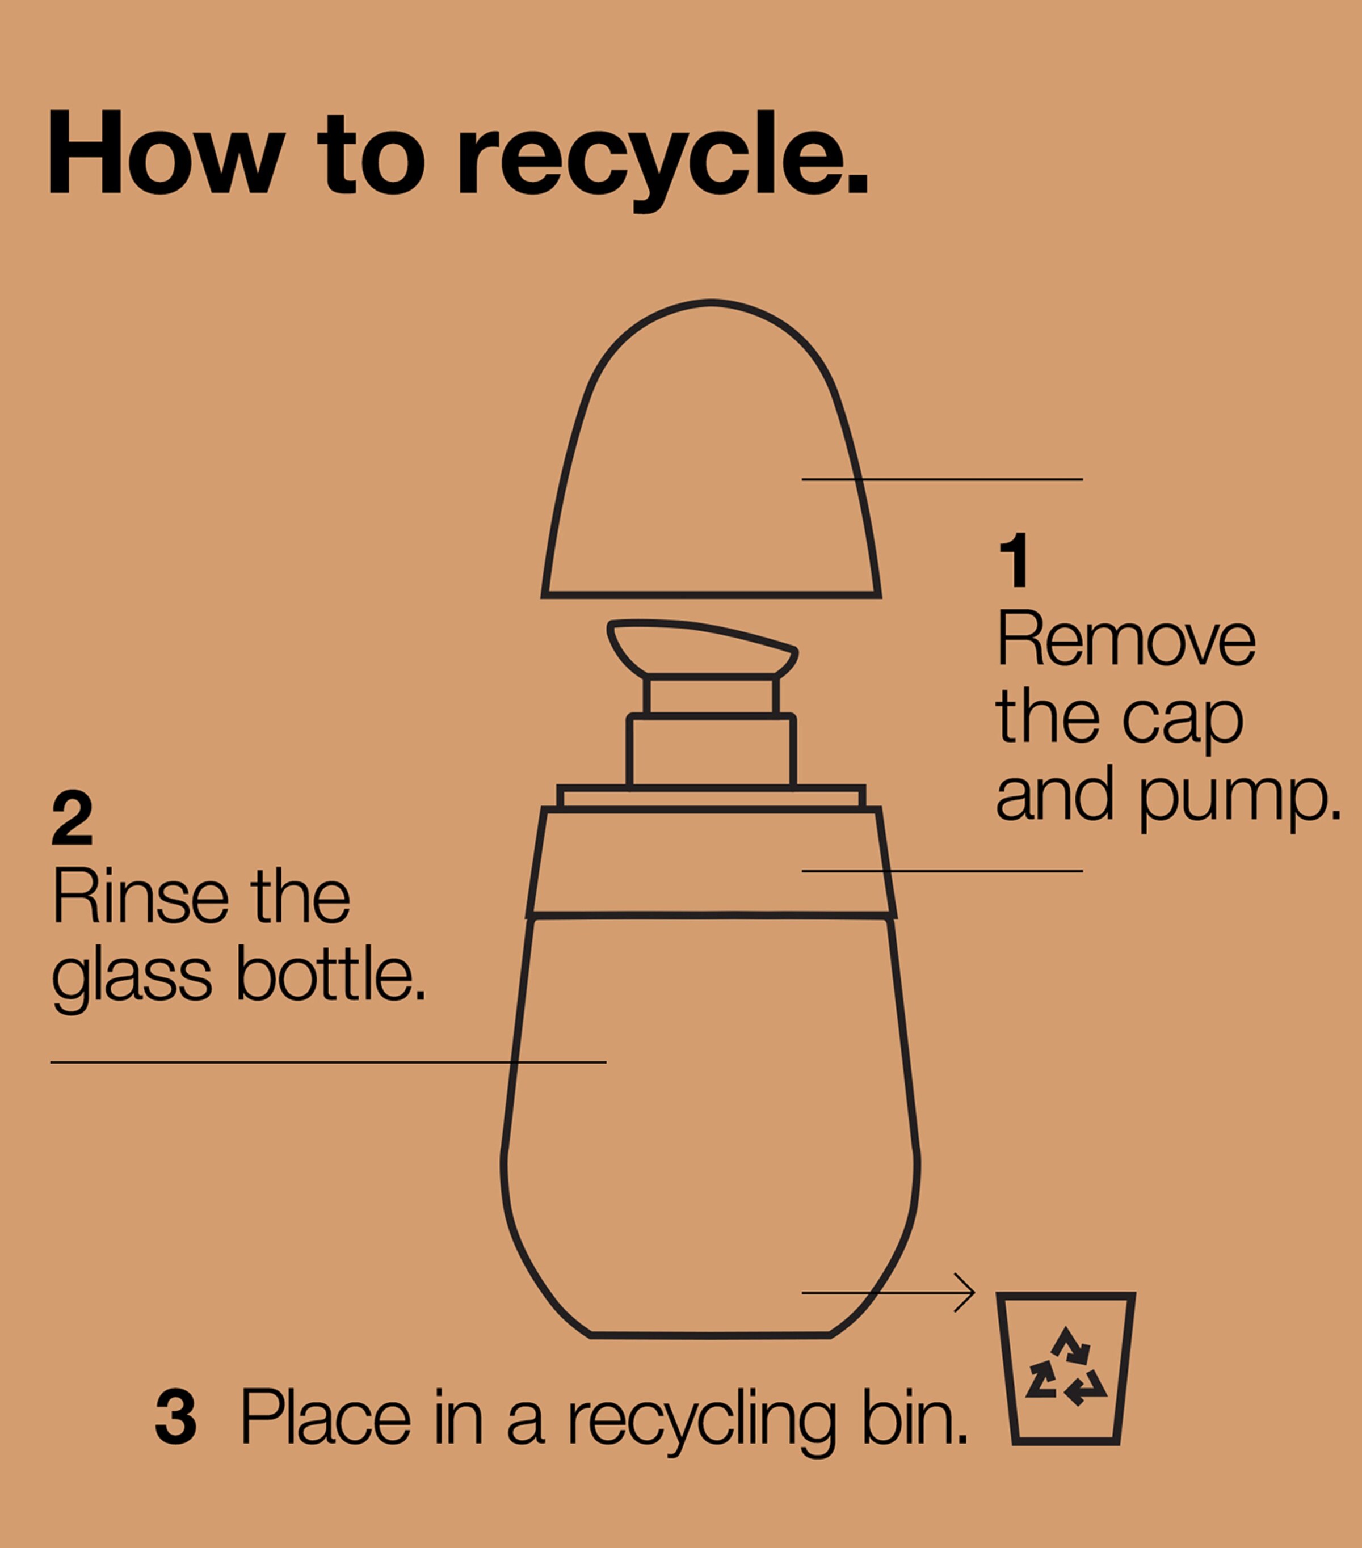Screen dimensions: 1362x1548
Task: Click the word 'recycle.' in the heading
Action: pos(663,161)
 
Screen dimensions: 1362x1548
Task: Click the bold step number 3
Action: pos(176,1416)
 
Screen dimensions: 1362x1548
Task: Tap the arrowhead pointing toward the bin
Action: pos(965,1293)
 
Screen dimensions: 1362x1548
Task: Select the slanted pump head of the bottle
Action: pos(702,648)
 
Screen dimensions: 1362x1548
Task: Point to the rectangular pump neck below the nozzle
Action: pos(711,750)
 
